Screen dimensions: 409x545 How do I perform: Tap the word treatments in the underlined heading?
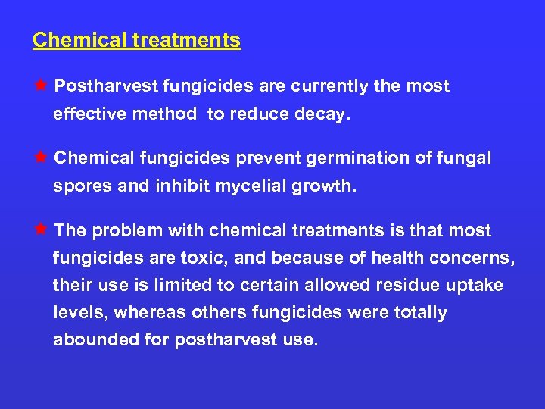(186, 40)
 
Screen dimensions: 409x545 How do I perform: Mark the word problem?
(127, 230)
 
